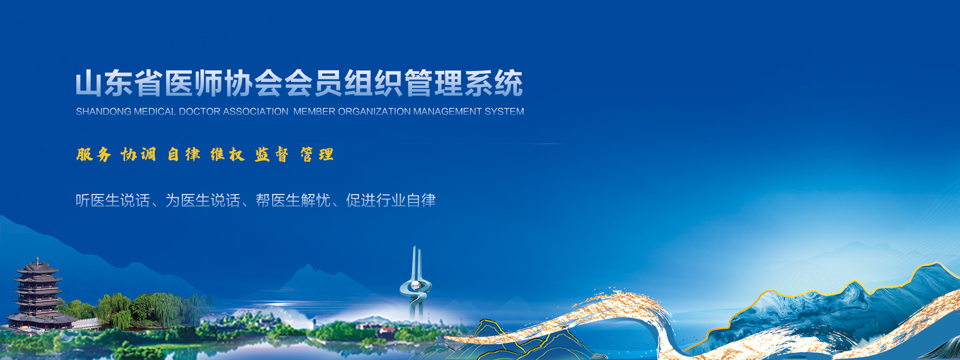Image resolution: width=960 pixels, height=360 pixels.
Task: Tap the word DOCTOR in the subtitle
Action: pyautogui.click(x=199, y=111)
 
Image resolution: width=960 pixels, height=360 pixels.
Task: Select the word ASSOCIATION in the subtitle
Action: pyautogui.click(x=255, y=111)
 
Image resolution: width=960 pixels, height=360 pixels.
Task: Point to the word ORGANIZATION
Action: pyautogui.click(x=374, y=111)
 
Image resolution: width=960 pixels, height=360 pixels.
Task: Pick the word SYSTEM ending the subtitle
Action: pyautogui.click(x=504, y=111)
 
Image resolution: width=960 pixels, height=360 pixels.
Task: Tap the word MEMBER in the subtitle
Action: pyautogui.click(x=314, y=111)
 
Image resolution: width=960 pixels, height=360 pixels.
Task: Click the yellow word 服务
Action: pyautogui.click(x=93, y=154)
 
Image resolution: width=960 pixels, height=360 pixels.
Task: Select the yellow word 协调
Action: pyautogui.click(x=138, y=154)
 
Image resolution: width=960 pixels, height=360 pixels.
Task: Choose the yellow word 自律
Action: pyautogui.click(x=183, y=154)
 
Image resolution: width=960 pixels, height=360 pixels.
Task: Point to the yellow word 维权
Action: pyautogui.click(x=227, y=154)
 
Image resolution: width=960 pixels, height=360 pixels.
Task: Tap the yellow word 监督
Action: pyautogui.click(x=271, y=154)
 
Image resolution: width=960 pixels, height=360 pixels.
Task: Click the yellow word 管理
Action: pyautogui.click(x=316, y=154)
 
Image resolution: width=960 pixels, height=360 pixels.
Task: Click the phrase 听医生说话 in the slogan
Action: pyautogui.click(x=113, y=200)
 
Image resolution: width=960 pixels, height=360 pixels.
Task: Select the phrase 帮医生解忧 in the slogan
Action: pyautogui.click(x=293, y=200)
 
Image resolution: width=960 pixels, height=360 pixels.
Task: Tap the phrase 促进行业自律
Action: pyautogui.click(x=390, y=200)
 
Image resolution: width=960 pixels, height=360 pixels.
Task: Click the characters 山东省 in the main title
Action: pyautogui.click(x=119, y=83)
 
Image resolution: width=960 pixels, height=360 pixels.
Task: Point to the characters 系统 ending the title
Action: pyautogui.click(x=494, y=83)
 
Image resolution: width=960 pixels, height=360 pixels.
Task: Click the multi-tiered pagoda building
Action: pyautogui.click(x=38, y=295)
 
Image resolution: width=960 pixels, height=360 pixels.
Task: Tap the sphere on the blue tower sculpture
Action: pyautogui.click(x=415, y=285)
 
